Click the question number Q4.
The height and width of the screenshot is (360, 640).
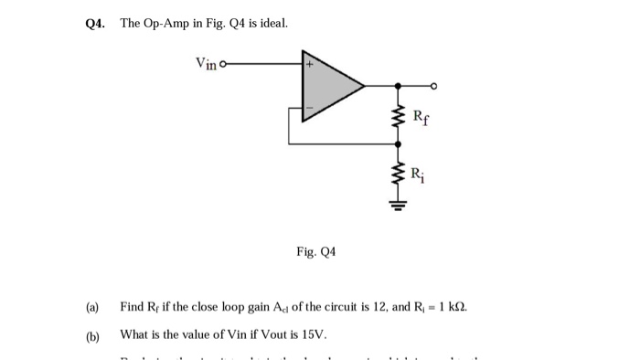pos(91,22)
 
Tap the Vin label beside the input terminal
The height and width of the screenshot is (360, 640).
pos(206,63)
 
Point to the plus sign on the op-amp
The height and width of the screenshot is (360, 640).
pos(309,65)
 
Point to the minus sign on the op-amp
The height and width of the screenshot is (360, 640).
pos(309,109)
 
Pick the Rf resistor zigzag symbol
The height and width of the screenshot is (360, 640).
pos(397,117)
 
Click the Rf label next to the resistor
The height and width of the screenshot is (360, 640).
pos(419,116)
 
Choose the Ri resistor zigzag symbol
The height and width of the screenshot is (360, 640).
pos(397,174)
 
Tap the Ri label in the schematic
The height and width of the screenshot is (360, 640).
pos(417,173)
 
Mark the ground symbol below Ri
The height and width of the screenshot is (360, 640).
pos(397,206)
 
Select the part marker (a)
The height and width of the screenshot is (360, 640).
pos(92,307)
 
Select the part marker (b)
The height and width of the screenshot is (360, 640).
pos(92,334)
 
